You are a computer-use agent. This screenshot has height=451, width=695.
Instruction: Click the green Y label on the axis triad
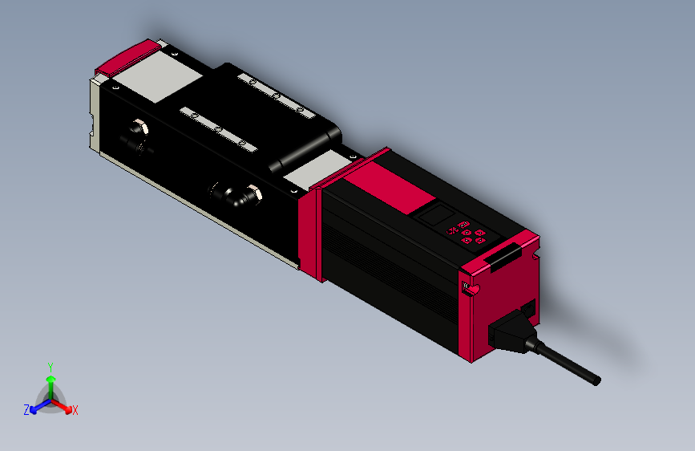point(51,365)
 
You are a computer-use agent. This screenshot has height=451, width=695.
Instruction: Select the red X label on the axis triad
point(75,410)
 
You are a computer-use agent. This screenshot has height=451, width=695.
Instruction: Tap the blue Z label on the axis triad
point(26,410)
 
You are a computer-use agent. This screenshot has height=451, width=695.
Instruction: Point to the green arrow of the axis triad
point(51,382)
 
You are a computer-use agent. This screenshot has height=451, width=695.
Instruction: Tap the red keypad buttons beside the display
point(467,232)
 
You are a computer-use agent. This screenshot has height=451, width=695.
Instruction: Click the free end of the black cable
point(595,381)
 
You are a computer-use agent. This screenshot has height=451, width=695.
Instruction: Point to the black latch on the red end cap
point(503,256)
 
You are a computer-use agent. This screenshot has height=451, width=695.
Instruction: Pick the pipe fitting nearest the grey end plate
point(137,132)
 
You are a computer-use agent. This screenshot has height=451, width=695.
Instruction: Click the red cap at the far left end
point(128,58)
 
